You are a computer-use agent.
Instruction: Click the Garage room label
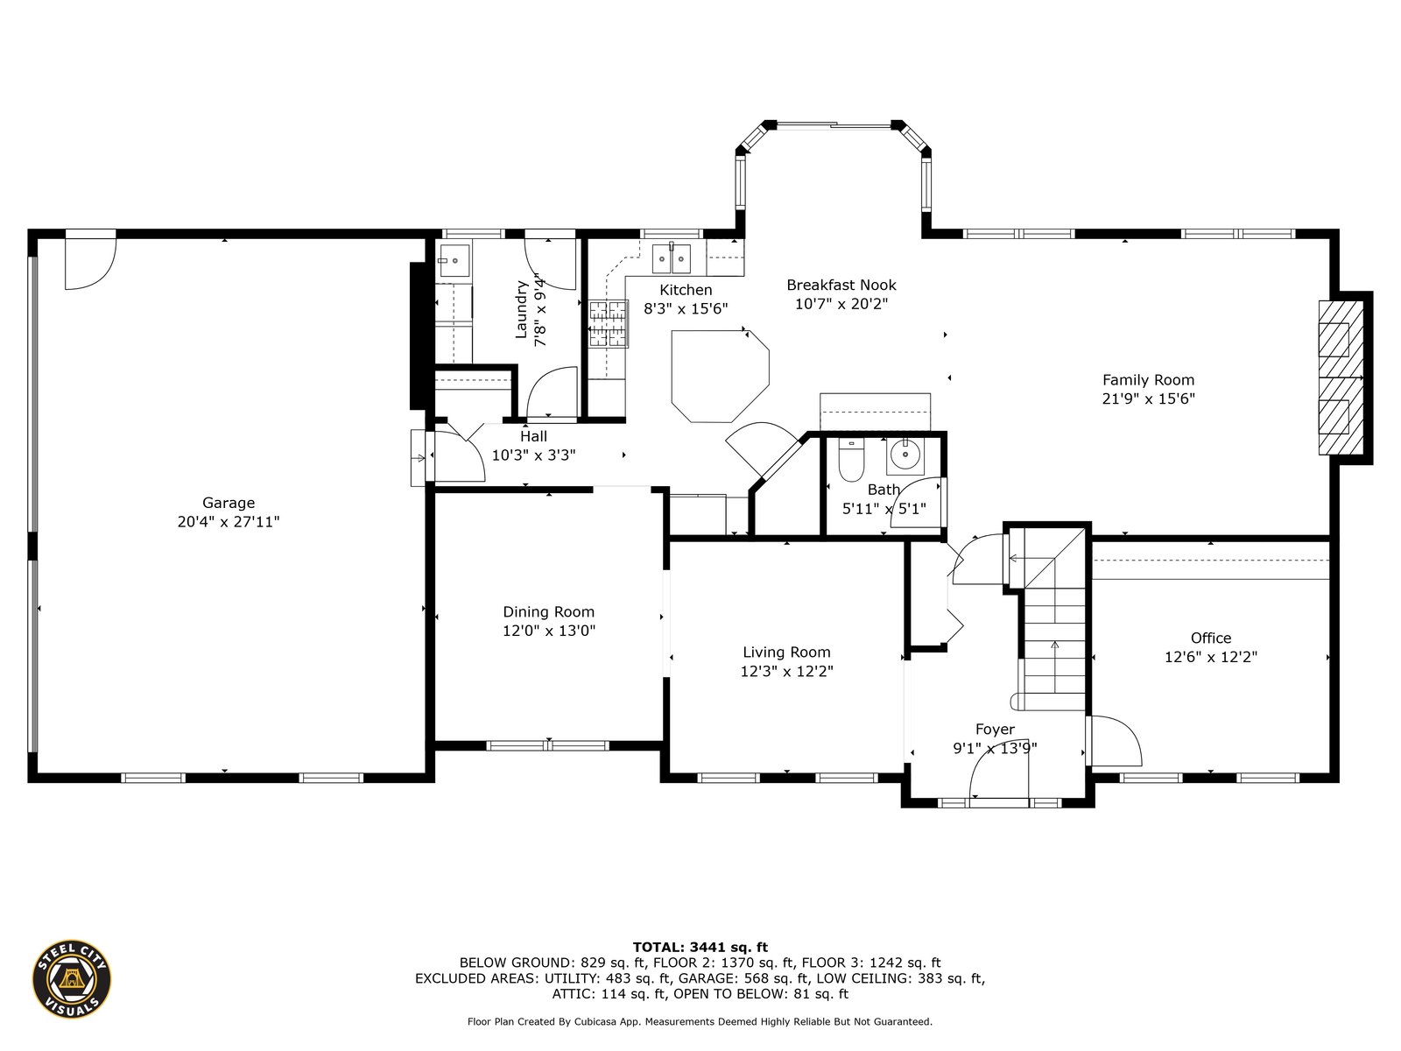[x=229, y=502]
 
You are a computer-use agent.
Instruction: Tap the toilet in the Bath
[x=851, y=459]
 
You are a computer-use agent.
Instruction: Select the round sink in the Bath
[x=905, y=455]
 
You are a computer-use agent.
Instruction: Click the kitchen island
[x=720, y=376]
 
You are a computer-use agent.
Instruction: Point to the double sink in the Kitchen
[x=672, y=258]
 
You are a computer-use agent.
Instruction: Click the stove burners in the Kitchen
[x=609, y=324]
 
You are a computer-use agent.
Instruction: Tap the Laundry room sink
[x=454, y=260]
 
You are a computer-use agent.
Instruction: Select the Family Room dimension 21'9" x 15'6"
[x=1148, y=399]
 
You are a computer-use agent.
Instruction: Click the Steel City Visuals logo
[x=72, y=979]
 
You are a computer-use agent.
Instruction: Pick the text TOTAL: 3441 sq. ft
[x=700, y=947]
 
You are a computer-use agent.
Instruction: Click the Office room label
[x=1211, y=638]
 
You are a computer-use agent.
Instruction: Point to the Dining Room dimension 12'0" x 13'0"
[x=549, y=631]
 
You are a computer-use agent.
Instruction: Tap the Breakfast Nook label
[x=841, y=285]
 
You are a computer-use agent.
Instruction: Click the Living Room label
[x=786, y=652]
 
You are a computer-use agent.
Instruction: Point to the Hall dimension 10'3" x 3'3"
[x=533, y=455]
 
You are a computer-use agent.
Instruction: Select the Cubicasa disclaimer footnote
[x=700, y=1021]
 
